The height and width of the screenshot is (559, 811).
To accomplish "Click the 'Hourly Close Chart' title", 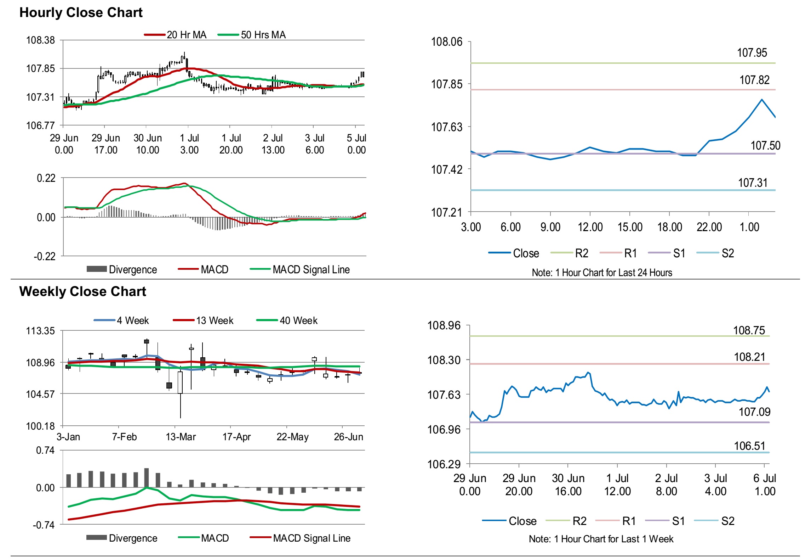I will pyautogui.click(x=81, y=13).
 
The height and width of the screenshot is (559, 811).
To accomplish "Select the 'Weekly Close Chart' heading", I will pyautogui.click(x=82, y=291).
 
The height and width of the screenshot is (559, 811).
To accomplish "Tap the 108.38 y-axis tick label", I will pyautogui.click(x=41, y=40).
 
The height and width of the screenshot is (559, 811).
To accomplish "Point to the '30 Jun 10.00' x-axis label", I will pyautogui.click(x=148, y=144).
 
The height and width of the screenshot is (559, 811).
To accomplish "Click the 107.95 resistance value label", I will pyautogui.click(x=752, y=53).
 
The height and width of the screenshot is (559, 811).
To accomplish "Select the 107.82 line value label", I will pyautogui.click(x=754, y=80).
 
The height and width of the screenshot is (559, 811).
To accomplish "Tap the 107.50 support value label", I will pyautogui.click(x=765, y=146).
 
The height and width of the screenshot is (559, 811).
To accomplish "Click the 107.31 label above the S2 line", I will pyautogui.click(x=753, y=183).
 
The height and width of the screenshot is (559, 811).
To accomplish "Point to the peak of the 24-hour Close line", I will pyautogui.click(x=761, y=100).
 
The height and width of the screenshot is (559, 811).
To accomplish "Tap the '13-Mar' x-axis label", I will pyautogui.click(x=181, y=437).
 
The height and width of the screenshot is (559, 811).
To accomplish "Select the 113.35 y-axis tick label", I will pyautogui.click(x=41, y=331).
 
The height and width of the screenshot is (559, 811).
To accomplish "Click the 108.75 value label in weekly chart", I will pyautogui.click(x=749, y=330).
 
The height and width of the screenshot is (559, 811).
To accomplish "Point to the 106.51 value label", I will pyautogui.click(x=749, y=446).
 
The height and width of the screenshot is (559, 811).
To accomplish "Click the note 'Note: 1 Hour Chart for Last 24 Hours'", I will pyautogui.click(x=602, y=273).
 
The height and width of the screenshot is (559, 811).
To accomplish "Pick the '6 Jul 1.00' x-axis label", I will pyautogui.click(x=765, y=485).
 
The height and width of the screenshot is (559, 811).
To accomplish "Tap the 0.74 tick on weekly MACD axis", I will pyautogui.click(x=45, y=451).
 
